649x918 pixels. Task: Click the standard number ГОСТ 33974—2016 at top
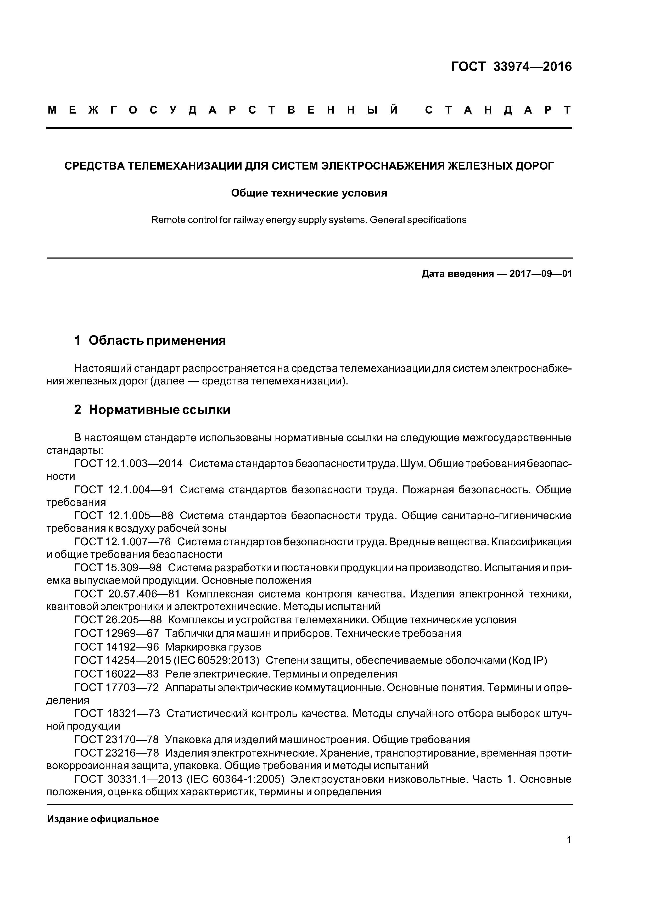[x=511, y=67]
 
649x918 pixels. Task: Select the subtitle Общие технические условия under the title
[x=309, y=193]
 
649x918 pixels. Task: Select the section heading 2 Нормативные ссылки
[x=152, y=410]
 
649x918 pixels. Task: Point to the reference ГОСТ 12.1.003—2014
[x=128, y=464]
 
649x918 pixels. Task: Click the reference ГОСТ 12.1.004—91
[x=124, y=490]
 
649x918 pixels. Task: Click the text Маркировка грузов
[x=213, y=647]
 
